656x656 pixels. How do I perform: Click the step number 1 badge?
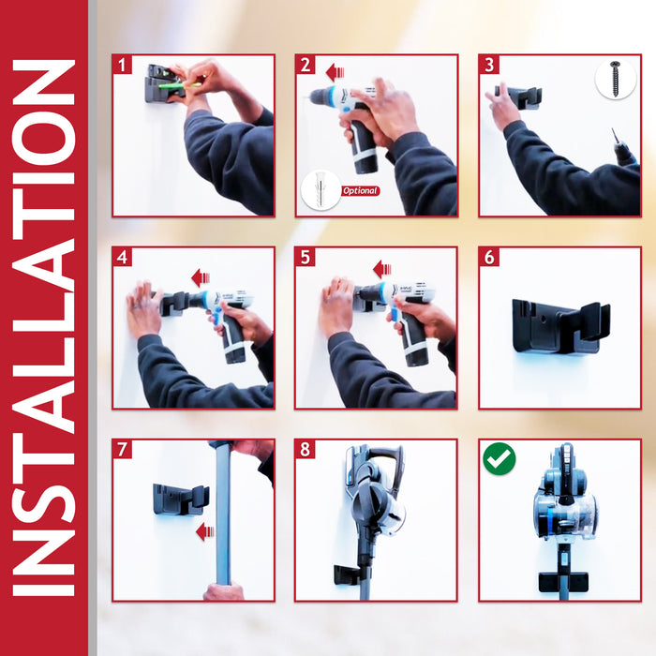click(x=122, y=65)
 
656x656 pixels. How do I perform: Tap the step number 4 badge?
click(x=122, y=258)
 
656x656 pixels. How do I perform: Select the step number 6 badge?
click(x=489, y=258)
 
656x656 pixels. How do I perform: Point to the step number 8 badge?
click(x=305, y=450)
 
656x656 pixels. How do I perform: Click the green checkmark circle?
click(x=499, y=459)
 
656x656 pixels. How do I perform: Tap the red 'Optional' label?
click(x=360, y=191)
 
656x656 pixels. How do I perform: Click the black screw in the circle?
click(x=615, y=79)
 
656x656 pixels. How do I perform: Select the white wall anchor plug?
click(x=321, y=189)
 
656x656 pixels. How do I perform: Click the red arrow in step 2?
click(x=335, y=73)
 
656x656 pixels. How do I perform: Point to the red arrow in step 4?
click(x=201, y=277)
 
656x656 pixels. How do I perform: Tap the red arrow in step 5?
click(x=382, y=270)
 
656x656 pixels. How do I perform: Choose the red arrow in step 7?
click(x=205, y=531)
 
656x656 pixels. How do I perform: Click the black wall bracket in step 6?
click(x=560, y=326)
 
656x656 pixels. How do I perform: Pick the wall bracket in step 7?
click(x=181, y=499)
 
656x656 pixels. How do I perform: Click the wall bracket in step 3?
click(x=519, y=97)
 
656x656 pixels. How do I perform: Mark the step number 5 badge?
click(x=305, y=258)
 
